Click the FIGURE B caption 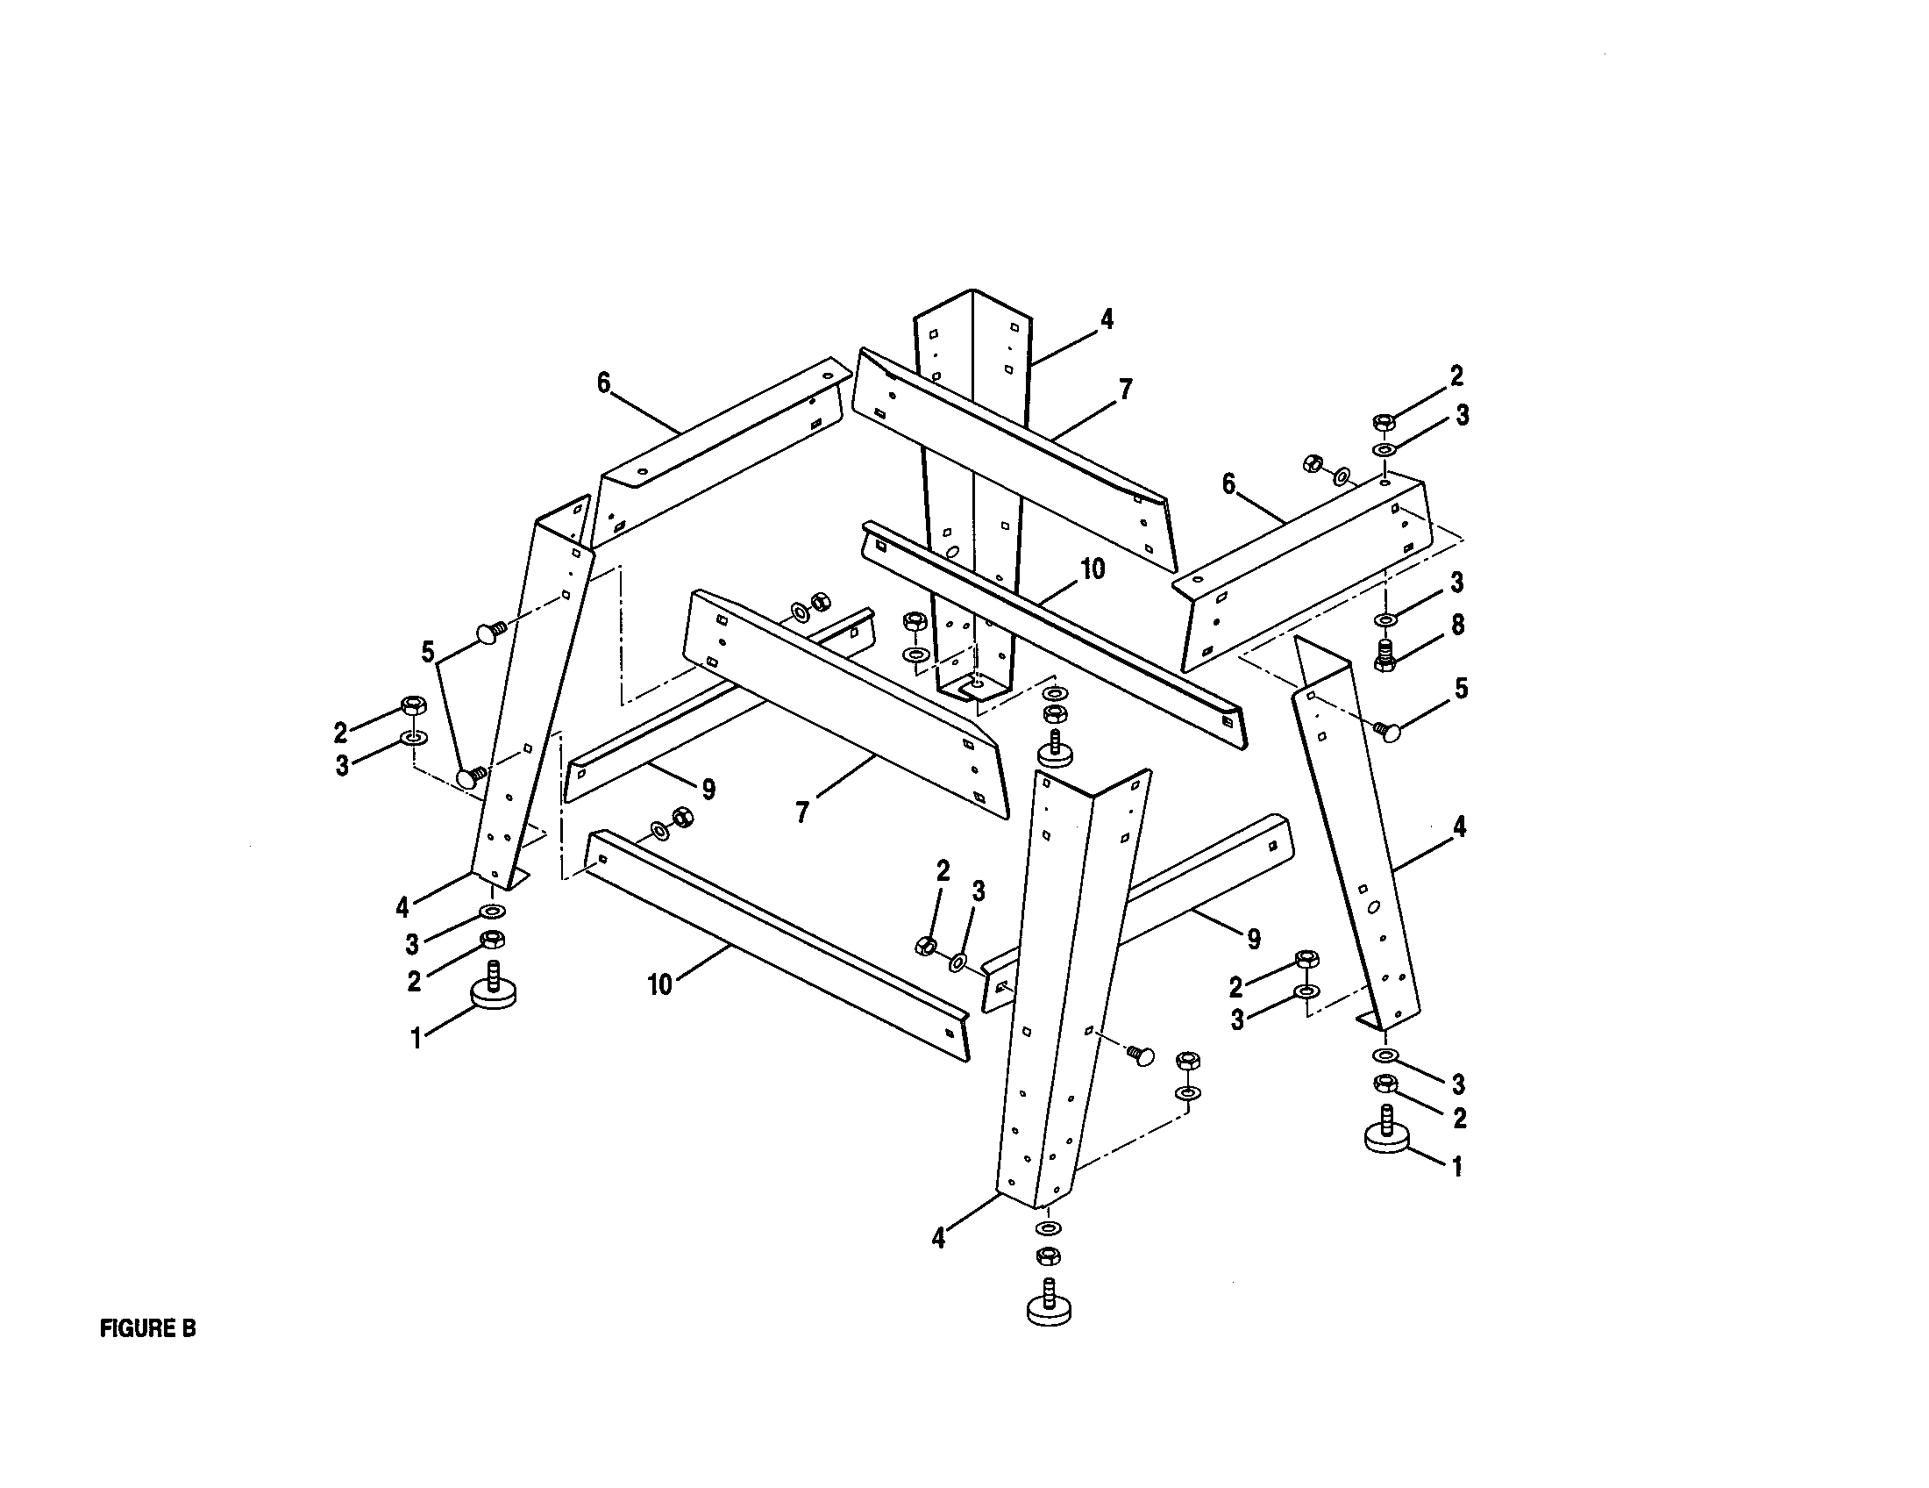click(147, 1328)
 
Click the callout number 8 click(1457, 625)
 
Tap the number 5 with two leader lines click(429, 653)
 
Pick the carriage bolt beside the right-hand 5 click(1391, 731)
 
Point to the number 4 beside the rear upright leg click(1107, 319)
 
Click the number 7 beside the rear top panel click(1124, 390)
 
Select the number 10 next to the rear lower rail click(1093, 570)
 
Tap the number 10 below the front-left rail click(659, 984)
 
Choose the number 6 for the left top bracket click(604, 383)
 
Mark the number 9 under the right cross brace click(1253, 939)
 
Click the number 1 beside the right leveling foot click(1457, 1167)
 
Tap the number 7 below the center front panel click(802, 812)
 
